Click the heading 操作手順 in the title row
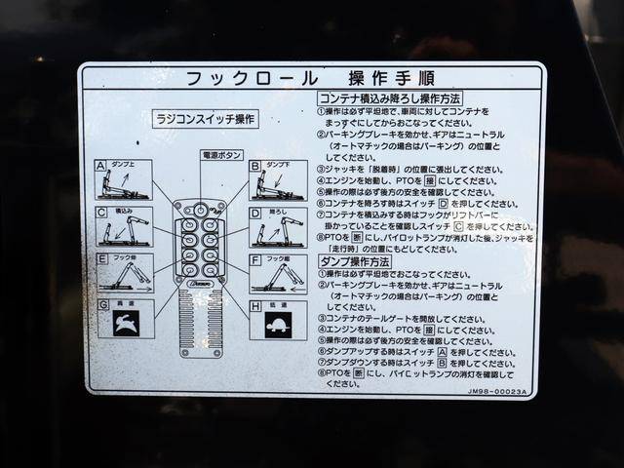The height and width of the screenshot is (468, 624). click(392, 78)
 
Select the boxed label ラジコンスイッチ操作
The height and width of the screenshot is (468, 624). click(206, 119)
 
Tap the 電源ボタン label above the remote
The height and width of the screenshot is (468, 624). click(222, 155)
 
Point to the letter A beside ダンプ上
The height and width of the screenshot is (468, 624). click(100, 166)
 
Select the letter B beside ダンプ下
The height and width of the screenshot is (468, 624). click(254, 166)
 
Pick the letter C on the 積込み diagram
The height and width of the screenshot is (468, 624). click(100, 212)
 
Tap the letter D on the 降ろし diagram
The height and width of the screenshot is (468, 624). click(254, 212)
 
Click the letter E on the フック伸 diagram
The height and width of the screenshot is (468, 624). click(101, 259)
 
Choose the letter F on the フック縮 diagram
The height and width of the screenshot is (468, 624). click(254, 259)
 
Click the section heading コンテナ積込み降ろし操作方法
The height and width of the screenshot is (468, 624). click(390, 98)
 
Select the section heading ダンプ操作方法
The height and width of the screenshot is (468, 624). click(354, 261)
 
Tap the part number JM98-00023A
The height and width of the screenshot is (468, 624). click(497, 391)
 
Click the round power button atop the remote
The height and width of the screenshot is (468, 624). click(200, 209)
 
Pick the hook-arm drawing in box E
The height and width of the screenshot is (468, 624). click(127, 278)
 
